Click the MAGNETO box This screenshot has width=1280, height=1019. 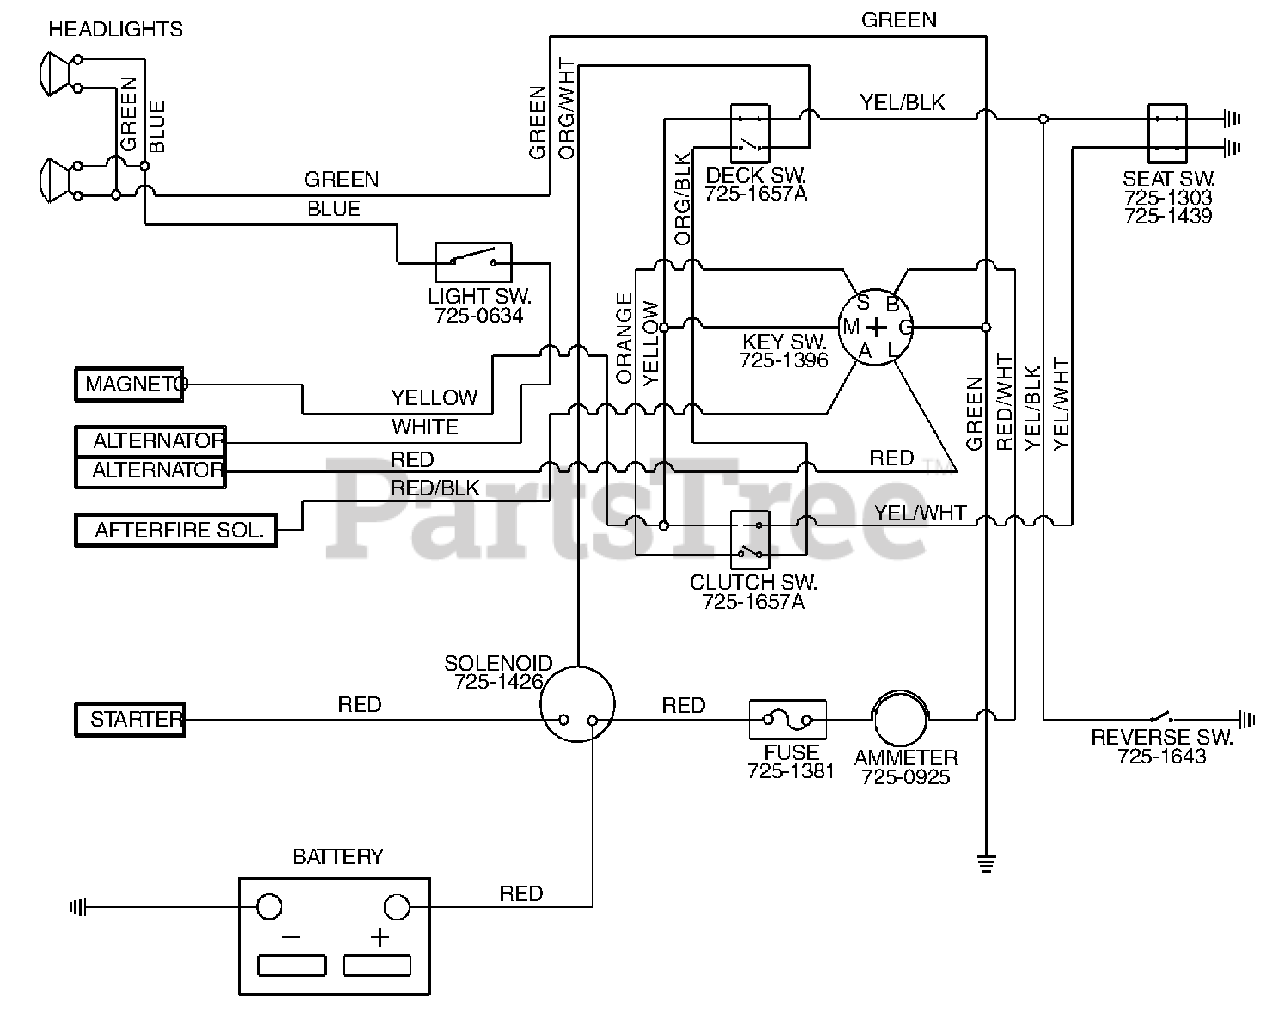(129, 384)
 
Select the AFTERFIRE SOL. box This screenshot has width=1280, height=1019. (176, 530)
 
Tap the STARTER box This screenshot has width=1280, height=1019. (130, 720)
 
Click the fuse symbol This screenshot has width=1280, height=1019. (788, 720)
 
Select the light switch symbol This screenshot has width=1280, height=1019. (473, 262)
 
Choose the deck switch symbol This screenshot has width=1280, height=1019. (750, 133)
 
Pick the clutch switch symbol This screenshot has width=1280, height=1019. (750, 540)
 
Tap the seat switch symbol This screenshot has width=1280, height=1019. (1167, 133)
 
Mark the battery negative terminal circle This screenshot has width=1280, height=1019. (269, 907)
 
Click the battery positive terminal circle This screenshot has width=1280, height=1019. (397, 907)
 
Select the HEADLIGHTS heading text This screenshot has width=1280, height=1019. (115, 29)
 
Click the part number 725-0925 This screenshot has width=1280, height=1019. (905, 777)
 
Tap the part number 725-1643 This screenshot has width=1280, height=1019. (1162, 756)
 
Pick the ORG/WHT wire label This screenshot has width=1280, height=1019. (567, 108)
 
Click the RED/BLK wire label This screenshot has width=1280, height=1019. (435, 488)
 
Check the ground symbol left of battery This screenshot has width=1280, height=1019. (78, 907)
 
